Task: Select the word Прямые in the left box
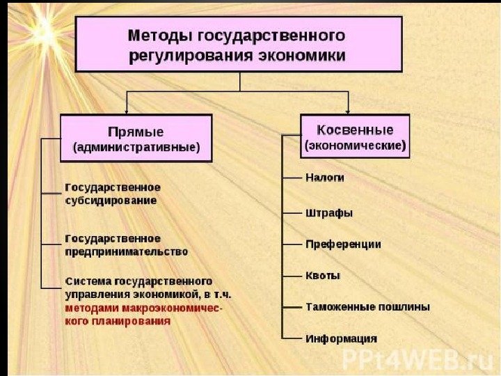click(136, 132)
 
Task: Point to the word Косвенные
click(355, 130)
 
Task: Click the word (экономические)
click(355, 146)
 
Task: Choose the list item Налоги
click(325, 178)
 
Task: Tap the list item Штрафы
click(329, 212)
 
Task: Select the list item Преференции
click(343, 244)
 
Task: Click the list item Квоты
click(323, 275)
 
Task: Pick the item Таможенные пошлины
click(367, 306)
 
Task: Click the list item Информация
click(341, 338)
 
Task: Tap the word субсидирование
click(111, 201)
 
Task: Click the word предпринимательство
click(126, 251)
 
